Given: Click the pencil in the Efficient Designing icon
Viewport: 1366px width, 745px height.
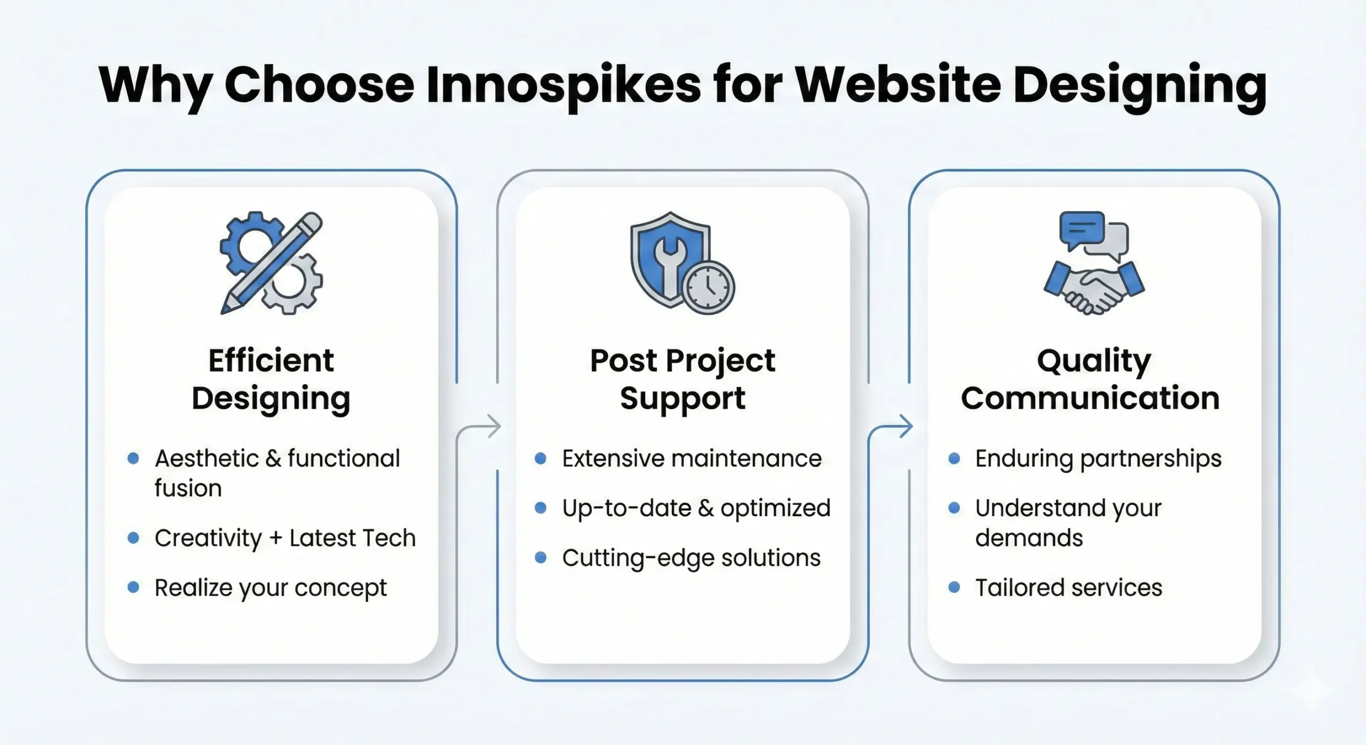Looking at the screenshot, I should point(272,261).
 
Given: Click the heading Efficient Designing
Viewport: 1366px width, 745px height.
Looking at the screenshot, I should point(271,379).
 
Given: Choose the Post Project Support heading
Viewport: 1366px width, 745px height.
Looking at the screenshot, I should point(682,379).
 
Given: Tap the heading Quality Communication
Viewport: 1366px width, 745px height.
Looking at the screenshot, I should point(1091,379).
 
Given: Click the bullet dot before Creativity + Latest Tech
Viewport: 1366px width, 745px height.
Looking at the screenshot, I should point(133,538).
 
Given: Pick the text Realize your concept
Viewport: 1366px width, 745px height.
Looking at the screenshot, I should point(271,588).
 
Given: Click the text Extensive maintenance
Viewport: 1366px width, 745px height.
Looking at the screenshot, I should point(692,458).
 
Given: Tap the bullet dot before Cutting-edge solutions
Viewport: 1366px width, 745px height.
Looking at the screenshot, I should point(541,558).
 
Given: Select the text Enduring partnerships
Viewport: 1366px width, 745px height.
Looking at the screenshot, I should point(1098,458).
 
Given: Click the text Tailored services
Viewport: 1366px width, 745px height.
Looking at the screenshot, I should point(1068,588).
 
